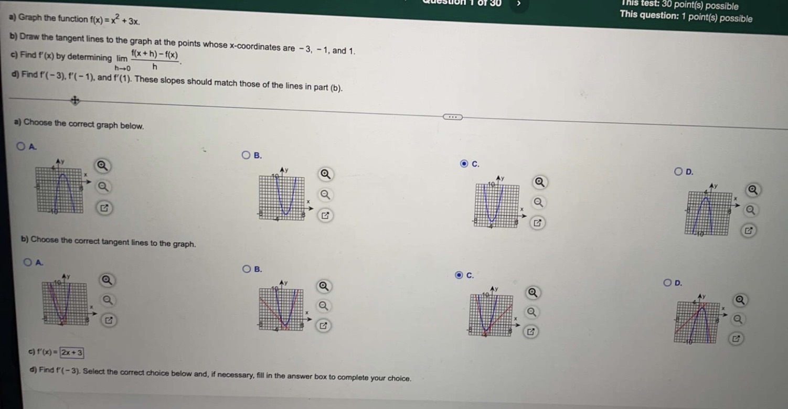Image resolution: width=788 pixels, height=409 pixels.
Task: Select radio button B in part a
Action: pos(246,155)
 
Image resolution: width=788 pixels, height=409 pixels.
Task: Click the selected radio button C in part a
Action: pos(464,164)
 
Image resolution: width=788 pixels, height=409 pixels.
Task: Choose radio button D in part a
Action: pos(679,171)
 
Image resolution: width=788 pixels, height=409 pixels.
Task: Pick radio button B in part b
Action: pos(246,270)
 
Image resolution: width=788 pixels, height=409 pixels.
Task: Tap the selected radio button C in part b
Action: pos(459,275)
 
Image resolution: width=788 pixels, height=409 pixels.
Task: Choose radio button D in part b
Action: pos(667,283)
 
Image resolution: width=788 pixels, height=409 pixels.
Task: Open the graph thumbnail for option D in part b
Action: pos(696,321)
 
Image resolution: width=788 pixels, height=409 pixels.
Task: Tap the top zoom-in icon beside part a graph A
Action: pos(103,167)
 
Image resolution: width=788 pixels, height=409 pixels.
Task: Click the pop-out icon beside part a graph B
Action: pos(325,215)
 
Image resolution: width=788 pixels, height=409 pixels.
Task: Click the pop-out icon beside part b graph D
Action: pos(736,339)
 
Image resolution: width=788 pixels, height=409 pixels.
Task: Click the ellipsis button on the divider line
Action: pos(451,116)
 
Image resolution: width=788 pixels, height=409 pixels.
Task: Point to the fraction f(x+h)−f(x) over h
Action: pos(154,60)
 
